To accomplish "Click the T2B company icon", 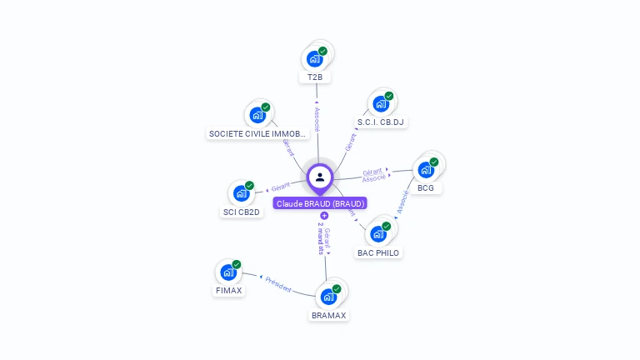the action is (314, 58).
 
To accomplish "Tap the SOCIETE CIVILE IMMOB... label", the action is (257, 133).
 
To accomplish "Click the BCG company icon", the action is (426, 170).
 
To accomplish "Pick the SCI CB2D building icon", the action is (241, 194).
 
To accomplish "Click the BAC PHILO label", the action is (378, 252).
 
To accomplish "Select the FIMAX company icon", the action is (228, 272).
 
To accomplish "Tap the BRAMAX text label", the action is (328, 315).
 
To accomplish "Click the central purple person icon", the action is (320, 177).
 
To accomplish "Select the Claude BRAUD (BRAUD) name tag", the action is (320, 203).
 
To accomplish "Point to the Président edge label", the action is (278, 284).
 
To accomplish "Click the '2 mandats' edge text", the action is (320, 238).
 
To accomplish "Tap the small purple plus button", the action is (324, 216).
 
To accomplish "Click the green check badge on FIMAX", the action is (237, 264).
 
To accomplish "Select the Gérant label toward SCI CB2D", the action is (280, 187).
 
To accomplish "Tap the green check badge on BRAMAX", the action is (337, 288).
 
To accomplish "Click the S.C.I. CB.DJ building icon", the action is (380, 104).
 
